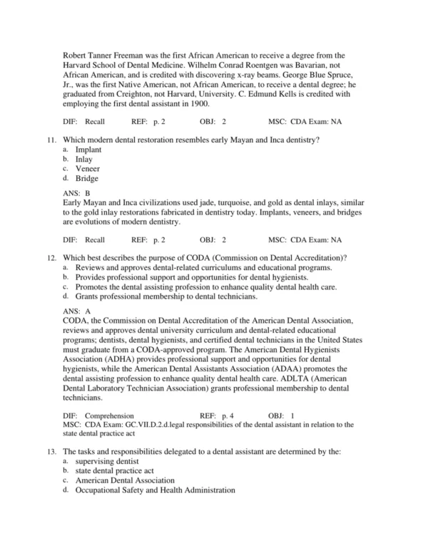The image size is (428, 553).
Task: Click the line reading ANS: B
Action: coord(76,193)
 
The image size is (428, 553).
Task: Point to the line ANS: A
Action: coord(76,311)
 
